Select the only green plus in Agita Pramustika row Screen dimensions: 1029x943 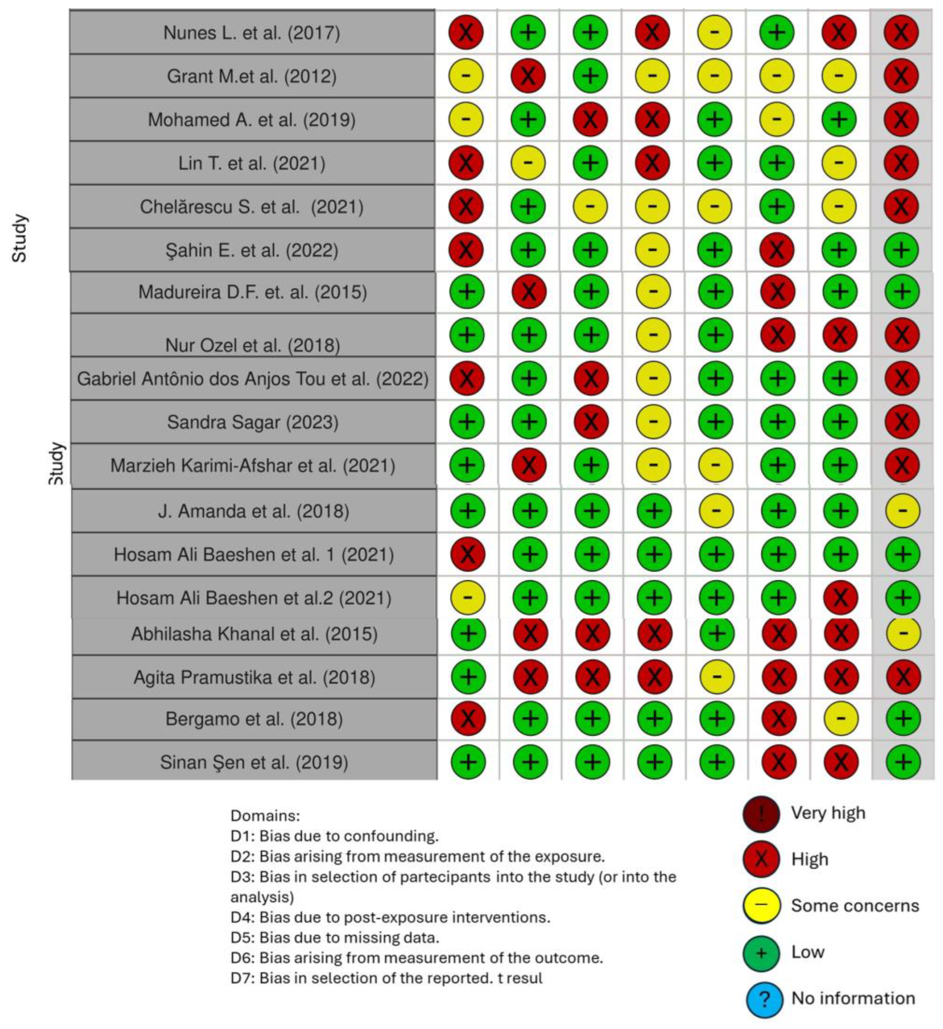(x=468, y=677)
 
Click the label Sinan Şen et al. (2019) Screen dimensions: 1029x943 (x=254, y=762)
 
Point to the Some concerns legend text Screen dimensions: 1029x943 (x=854, y=905)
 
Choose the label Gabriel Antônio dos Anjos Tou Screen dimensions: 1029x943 (x=252, y=379)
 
